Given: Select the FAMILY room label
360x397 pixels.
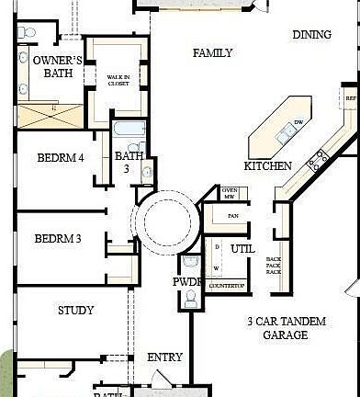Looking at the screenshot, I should click(212, 53).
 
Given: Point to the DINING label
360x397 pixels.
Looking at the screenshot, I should click(311, 35).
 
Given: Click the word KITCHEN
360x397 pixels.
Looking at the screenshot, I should click(268, 166).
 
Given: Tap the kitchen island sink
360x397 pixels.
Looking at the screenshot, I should click(285, 136).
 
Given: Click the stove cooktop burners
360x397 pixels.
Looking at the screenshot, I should click(319, 162).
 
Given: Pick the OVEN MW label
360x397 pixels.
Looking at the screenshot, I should click(230, 192).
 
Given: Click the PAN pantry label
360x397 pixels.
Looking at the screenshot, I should click(233, 217).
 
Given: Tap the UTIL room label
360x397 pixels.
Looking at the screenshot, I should click(243, 249).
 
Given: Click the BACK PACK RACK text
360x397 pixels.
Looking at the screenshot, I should click(273, 266).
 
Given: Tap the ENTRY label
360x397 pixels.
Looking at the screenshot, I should click(164, 357).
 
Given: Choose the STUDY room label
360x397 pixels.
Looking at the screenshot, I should click(75, 311).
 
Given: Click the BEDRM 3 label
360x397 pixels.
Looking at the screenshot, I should click(58, 239).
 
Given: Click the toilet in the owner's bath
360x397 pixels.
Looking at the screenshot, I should click(27, 34).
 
